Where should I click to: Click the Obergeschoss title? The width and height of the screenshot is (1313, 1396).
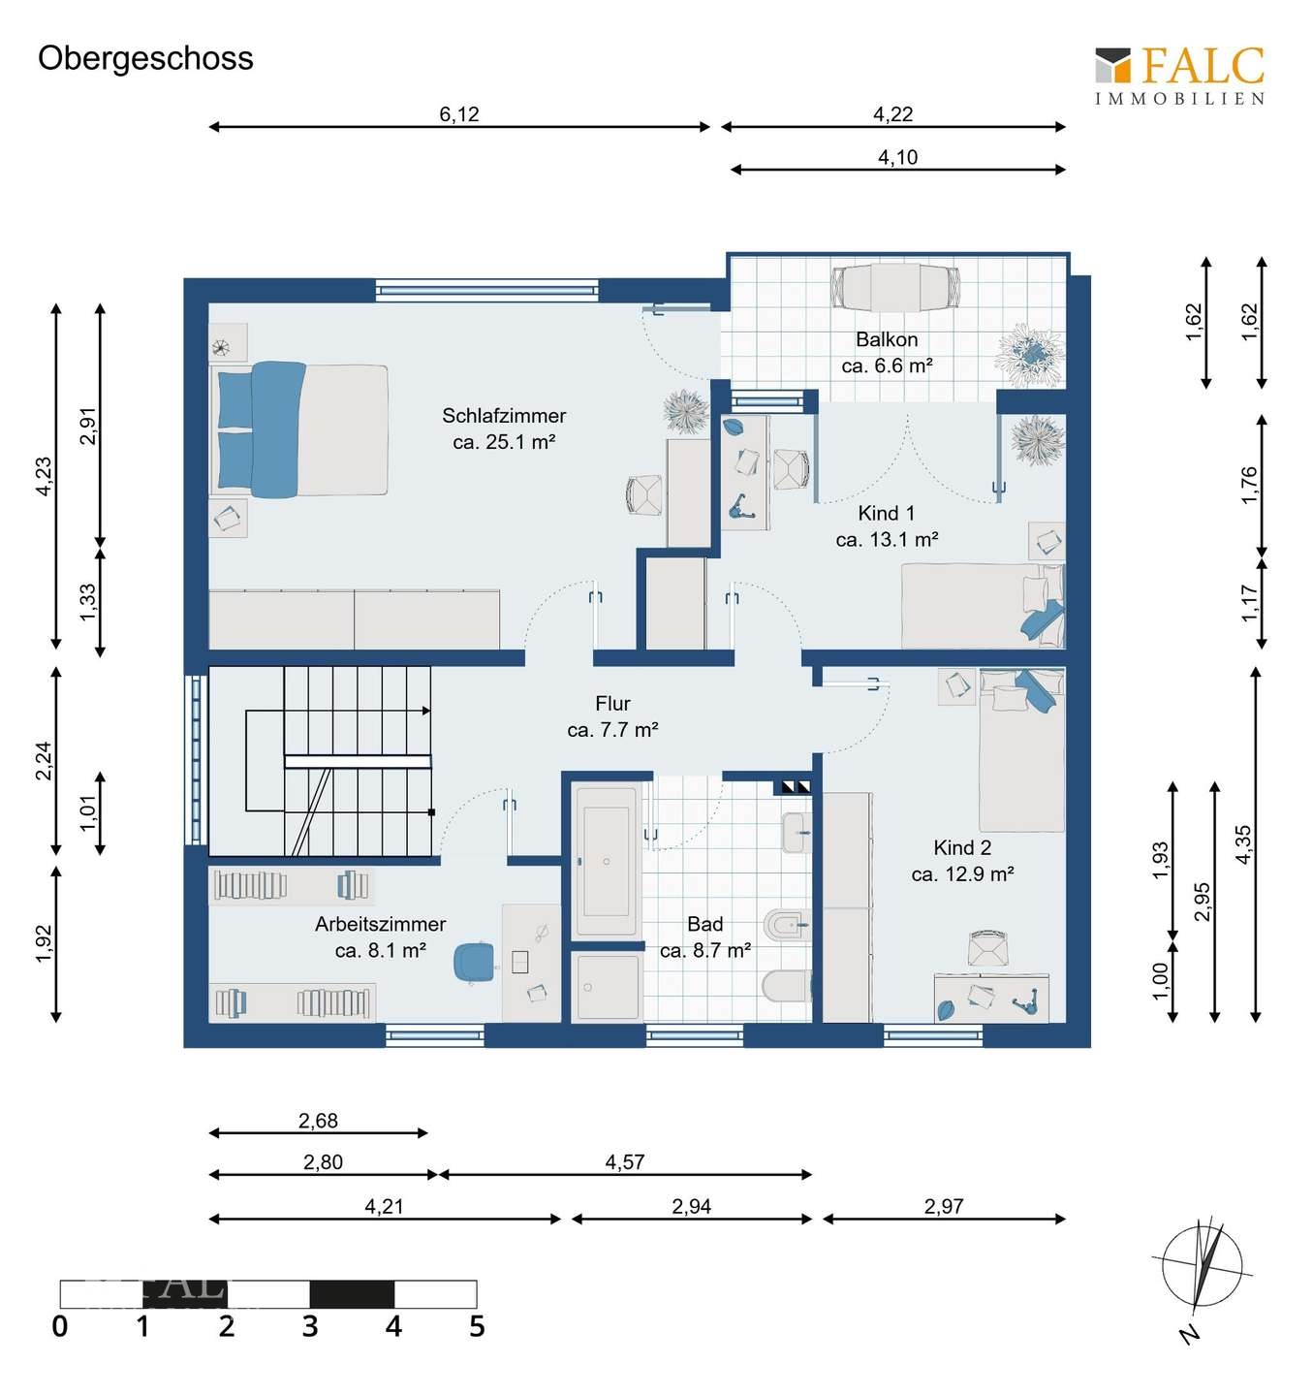145,58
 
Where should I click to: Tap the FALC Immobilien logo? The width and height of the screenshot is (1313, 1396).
1179,75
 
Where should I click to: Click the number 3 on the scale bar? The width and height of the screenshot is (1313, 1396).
310,1326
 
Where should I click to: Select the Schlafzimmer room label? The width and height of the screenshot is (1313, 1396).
504,428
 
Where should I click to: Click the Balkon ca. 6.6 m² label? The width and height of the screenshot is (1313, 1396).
887,353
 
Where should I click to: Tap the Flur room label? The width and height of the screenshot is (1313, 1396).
612,716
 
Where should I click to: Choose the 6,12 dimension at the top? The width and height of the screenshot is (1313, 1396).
459,114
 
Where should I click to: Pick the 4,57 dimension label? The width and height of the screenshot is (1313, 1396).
625,1161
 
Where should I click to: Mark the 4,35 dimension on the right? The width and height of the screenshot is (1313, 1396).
1243,844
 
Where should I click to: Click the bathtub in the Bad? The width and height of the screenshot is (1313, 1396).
607,860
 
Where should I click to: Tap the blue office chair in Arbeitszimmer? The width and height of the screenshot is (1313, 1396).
474,961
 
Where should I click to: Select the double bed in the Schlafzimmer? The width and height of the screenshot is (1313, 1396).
301,429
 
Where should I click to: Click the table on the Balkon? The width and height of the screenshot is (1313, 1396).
895,288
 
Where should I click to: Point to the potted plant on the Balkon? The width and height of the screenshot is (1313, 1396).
1030,351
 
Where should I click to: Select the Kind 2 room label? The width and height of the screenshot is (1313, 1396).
962,861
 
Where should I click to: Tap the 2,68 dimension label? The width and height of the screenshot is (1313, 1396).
318,1121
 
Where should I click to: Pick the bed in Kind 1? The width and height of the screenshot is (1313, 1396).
981,606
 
